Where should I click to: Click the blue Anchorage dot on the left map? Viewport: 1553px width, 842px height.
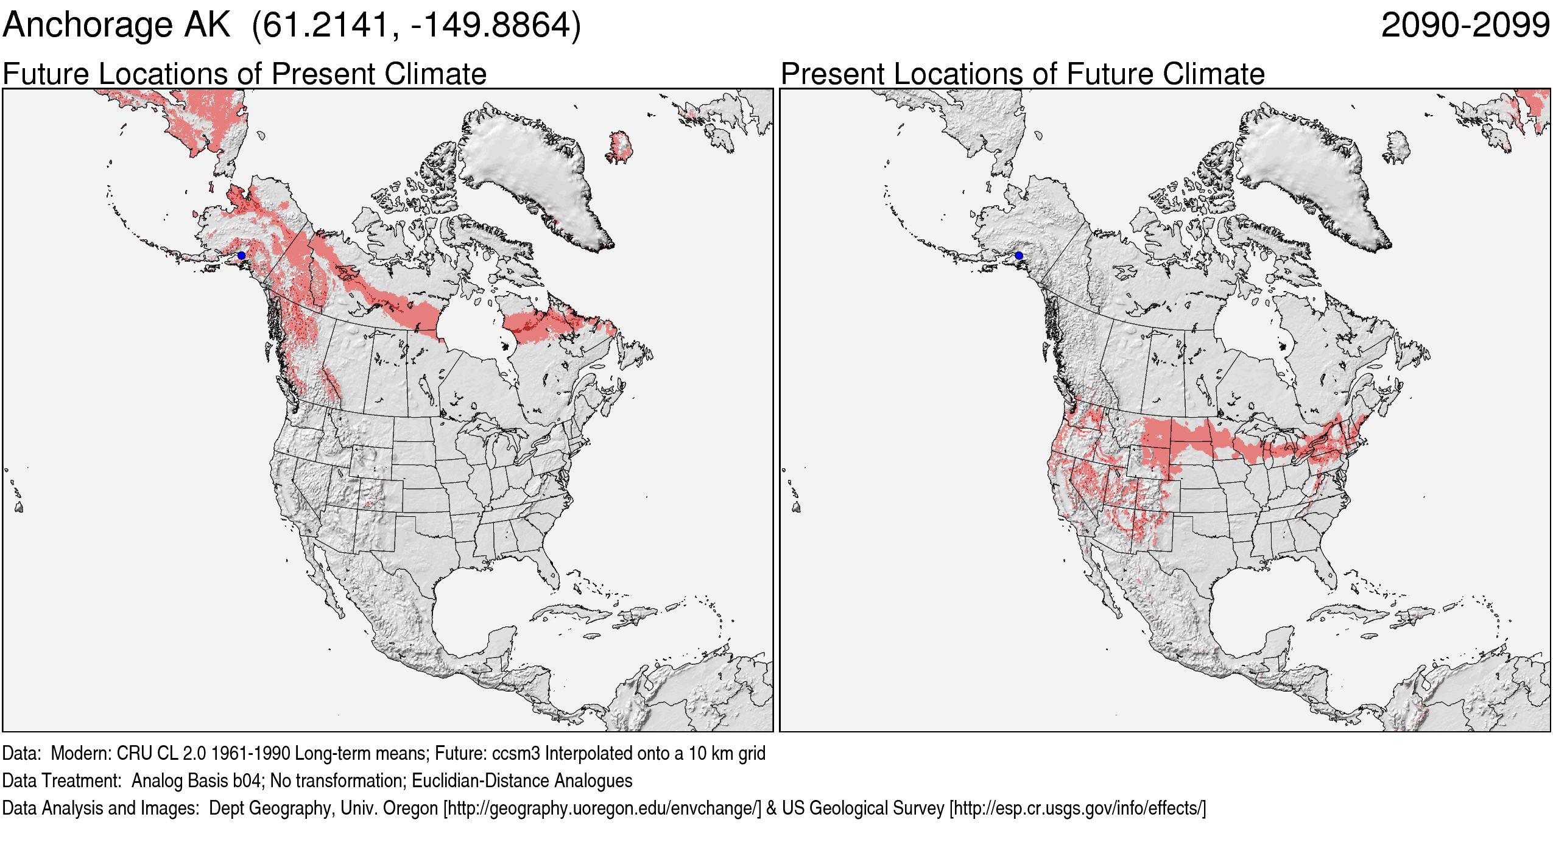241,256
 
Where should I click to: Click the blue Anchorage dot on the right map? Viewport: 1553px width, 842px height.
1019,256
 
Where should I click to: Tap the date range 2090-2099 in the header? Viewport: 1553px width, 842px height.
1465,26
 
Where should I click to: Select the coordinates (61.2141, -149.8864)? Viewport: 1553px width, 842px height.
417,26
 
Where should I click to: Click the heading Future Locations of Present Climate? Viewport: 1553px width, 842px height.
244,74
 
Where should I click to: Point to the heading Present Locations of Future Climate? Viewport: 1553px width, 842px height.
1023,74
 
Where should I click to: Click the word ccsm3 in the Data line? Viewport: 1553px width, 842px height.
516,754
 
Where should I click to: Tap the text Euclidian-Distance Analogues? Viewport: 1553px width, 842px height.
522,781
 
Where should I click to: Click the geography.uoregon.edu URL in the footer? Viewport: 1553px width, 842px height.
602,809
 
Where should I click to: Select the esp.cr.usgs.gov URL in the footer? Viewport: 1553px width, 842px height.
1077,809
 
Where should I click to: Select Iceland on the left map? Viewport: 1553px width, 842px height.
619,146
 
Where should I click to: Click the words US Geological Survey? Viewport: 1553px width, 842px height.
863,809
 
